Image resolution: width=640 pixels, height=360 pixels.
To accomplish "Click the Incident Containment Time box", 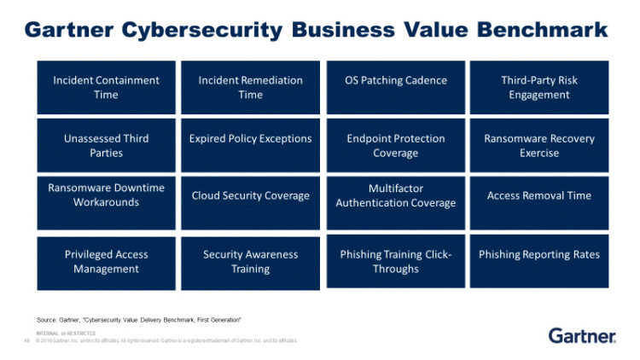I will (x=106, y=87).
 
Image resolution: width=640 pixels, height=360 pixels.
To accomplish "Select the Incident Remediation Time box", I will (x=250, y=87).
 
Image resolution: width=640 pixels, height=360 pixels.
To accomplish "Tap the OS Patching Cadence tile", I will (x=395, y=87).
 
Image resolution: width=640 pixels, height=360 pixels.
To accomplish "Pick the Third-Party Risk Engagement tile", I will (x=539, y=87).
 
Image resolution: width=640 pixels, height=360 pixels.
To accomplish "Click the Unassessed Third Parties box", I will (x=106, y=145).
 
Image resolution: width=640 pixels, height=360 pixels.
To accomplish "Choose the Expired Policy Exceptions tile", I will (x=250, y=145).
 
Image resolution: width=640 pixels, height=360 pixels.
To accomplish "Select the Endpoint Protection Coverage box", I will (x=395, y=145).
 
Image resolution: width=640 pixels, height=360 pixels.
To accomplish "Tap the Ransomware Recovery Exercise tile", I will (x=539, y=145).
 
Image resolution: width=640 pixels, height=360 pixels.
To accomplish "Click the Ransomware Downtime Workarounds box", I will (x=106, y=203).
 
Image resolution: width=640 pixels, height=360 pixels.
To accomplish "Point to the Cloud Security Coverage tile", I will (x=250, y=203).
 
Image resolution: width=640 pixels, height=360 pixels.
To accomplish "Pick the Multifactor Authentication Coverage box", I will (x=395, y=203).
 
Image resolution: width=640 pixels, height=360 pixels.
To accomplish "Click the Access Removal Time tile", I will (x=539, y=203).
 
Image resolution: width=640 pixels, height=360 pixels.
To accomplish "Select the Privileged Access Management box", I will (x=106, y=262).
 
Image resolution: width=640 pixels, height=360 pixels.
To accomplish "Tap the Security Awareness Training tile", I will (x=250, y=262).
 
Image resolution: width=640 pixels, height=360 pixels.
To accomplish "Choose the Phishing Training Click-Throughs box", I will (x=395, y=262).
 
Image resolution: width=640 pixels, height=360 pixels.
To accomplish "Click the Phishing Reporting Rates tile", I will (x=539, y=262).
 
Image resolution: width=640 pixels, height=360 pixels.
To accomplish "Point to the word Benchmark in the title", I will (x=532, y=30).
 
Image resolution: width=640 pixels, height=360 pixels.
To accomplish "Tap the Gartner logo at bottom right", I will (x=582, y=335).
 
